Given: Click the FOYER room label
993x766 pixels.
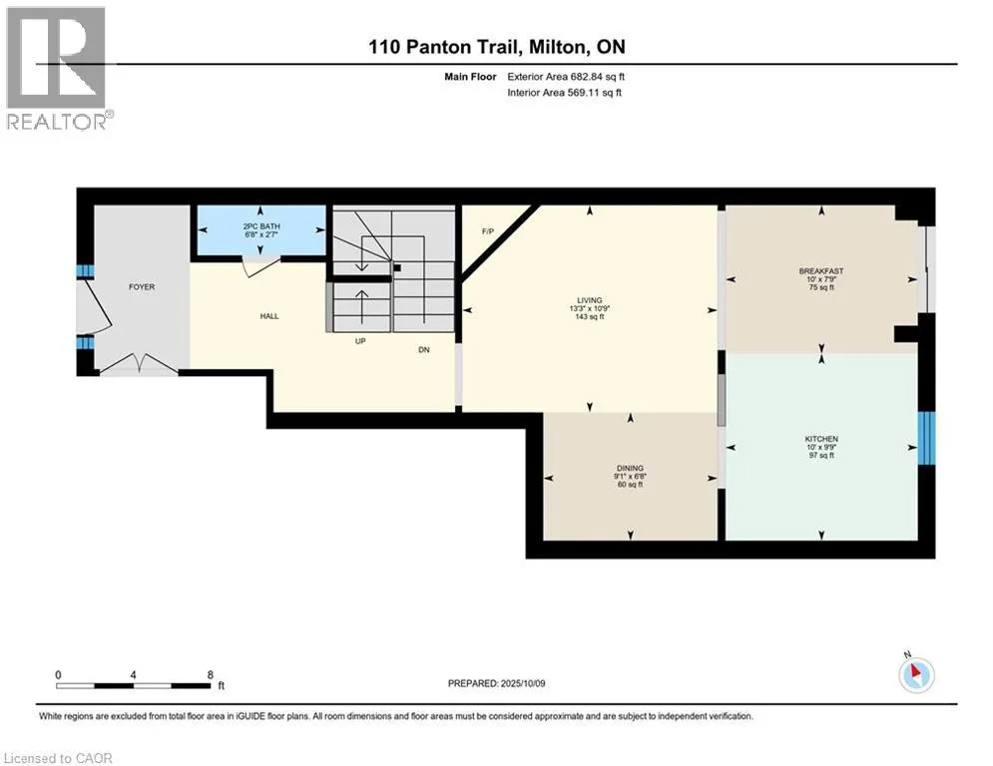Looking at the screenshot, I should point(142,287).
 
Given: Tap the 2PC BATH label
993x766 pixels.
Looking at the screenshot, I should point(261,226).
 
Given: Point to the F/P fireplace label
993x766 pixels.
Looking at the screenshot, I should point(488,231).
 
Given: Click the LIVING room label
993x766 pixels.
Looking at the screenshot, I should point(589,298).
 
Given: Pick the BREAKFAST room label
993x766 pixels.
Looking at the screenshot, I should point(821,270).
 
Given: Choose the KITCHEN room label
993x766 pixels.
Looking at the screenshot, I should point(821,439).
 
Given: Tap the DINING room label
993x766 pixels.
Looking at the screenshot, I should point(630,468).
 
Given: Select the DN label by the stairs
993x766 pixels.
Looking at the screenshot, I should point(424,349).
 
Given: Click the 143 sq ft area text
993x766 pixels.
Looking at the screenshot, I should point(589,317).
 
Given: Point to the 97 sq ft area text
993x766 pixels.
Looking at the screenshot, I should point(821,456).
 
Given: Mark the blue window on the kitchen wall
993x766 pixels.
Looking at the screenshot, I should point(926,437).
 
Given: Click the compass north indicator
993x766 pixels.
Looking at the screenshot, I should point(915,675).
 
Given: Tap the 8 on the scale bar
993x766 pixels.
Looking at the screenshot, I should point(210,675).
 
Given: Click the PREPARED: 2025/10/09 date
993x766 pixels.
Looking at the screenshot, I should point(499,683).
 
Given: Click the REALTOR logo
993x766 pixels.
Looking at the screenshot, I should point(57,68).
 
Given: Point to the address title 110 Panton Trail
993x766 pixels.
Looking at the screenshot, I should point(496,47).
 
